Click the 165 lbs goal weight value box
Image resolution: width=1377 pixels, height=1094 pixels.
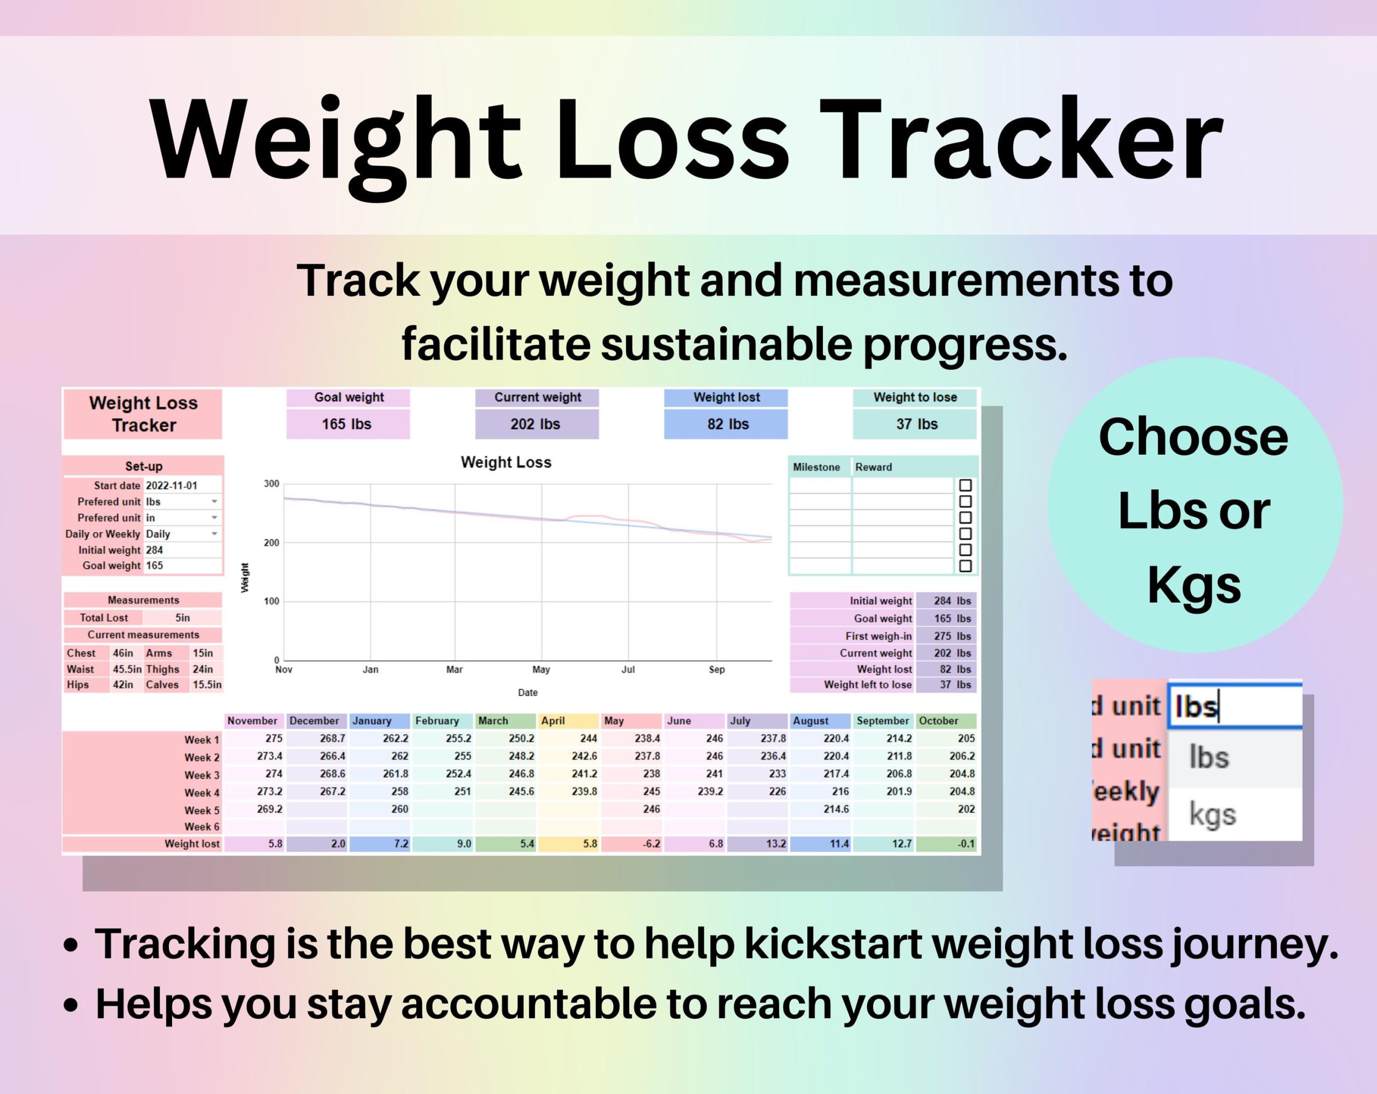(x=347, y=424)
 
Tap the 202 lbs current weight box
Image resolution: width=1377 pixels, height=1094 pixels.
(x=536, y=424)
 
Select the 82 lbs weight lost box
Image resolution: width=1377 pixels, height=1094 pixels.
(x=726, y=424)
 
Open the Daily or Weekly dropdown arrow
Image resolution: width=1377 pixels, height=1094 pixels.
(x=215, y=534)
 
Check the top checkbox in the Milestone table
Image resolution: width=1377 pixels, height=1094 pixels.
(x=965, y=485)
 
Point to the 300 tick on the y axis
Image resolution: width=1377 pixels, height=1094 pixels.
(x=272, y=484)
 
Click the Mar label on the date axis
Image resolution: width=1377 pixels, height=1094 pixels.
(x=454, y=669)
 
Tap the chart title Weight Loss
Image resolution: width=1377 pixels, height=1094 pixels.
(x=506, y=462)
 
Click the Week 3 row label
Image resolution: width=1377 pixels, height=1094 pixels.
(x=202, y=775)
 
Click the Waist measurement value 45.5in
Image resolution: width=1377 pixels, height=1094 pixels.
(x=127, y=669)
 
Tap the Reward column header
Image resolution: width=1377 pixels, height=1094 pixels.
(x=873, y=467)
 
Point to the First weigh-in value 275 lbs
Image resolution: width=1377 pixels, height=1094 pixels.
(x=952, y=636)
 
